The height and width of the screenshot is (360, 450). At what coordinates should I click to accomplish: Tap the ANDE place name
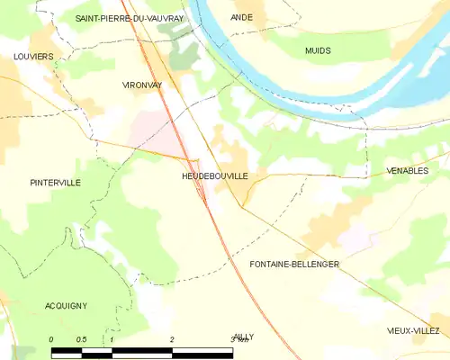[x=241, y=17]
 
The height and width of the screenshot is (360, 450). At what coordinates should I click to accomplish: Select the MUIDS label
[x=318, y=51]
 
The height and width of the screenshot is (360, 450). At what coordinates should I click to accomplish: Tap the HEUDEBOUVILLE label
[x=208, y=177]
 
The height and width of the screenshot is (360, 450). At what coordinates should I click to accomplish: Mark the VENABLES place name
[x=406, y=170]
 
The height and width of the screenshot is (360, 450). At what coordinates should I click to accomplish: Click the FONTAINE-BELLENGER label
[x=294, y=265]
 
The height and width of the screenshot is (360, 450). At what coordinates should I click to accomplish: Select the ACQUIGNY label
[x=66, y=306]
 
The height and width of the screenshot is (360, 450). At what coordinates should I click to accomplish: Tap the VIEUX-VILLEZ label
[x=414, y=330]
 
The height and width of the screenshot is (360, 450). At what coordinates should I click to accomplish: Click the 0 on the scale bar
[x=51, y=339]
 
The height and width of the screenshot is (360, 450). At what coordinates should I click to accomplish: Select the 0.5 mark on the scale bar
[x=81, y=339]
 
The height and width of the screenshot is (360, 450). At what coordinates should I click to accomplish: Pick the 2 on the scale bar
[x=171, y=339]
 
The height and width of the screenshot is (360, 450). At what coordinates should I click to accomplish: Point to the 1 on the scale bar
[x=111, y=339]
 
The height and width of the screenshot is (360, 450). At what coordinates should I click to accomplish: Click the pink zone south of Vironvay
[x=150, y=131]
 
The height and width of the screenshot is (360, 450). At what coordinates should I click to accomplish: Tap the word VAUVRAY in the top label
[x=161, y=18]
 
